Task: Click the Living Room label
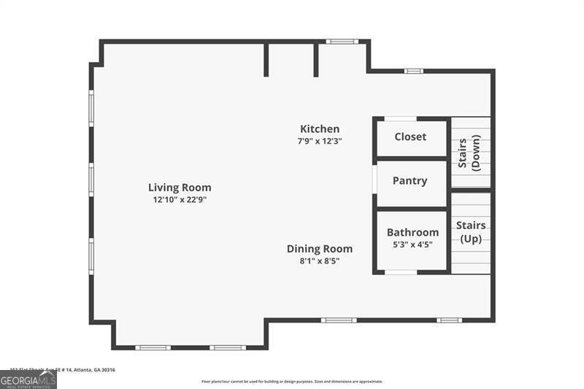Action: pos(180,188)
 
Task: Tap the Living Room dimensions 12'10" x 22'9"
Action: pos(180,199)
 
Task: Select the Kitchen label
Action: pos(320,129)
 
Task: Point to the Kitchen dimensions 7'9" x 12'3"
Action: pos(320,141)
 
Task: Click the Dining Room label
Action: pos(319,249)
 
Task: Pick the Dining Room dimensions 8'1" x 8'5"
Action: pos(319,261)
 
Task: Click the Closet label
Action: pos(410,137)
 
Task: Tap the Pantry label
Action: pos(410,181)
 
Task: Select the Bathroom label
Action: pos(412,233)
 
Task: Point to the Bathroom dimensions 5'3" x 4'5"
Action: pos(412,244)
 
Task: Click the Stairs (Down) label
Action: pos(469,153)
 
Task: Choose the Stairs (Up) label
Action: pos(471,232)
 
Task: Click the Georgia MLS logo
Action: pos(28,380)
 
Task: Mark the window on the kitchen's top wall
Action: pos(340,42)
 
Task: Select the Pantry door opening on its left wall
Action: pos(374,182)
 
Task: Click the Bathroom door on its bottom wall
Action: pos(400,272)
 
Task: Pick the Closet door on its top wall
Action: pos(400,118)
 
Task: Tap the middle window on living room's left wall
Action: pos(91,180)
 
